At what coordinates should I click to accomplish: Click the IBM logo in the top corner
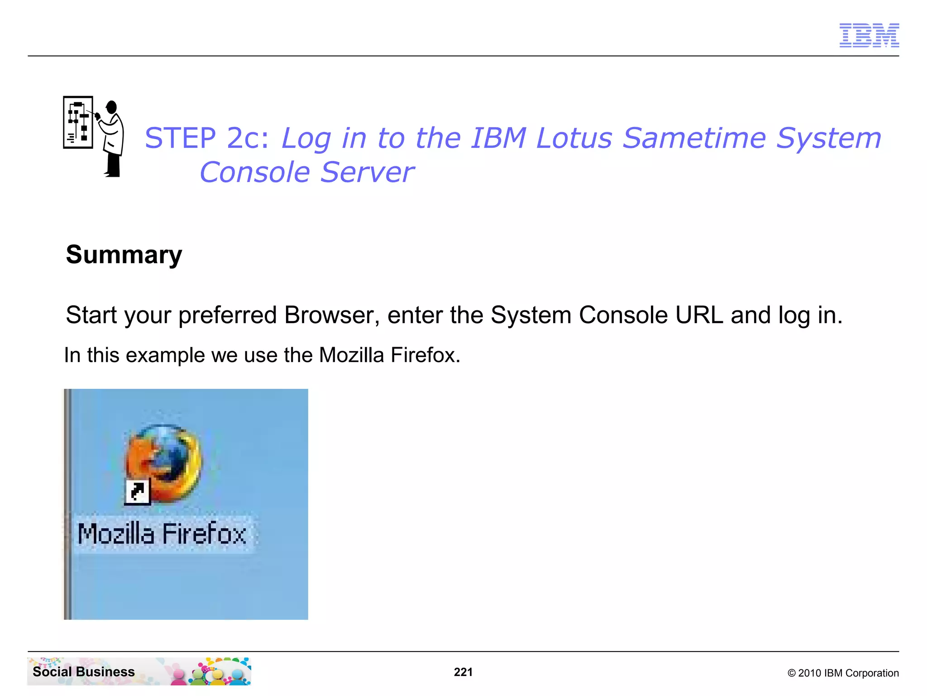tap(869, 35)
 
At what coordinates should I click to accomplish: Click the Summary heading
tap(124, 254)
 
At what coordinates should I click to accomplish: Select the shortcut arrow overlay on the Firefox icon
tap(137, 491)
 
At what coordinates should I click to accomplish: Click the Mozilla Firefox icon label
tap(162, 534)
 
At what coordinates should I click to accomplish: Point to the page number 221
tap(463, 672)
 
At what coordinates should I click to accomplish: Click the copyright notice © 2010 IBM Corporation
tap(843, 673)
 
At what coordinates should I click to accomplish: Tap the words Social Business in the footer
tap(84, 672)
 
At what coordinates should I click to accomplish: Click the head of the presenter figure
tap(111, 107)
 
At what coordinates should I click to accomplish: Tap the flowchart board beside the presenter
tap(78, 122)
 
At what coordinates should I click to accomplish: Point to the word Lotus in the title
tap(574, 138)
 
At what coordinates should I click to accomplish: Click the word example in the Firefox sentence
tap(165, 355)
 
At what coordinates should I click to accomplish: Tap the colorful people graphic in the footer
tap(213, 672)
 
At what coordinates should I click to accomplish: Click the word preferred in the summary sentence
tap(227, 316)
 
